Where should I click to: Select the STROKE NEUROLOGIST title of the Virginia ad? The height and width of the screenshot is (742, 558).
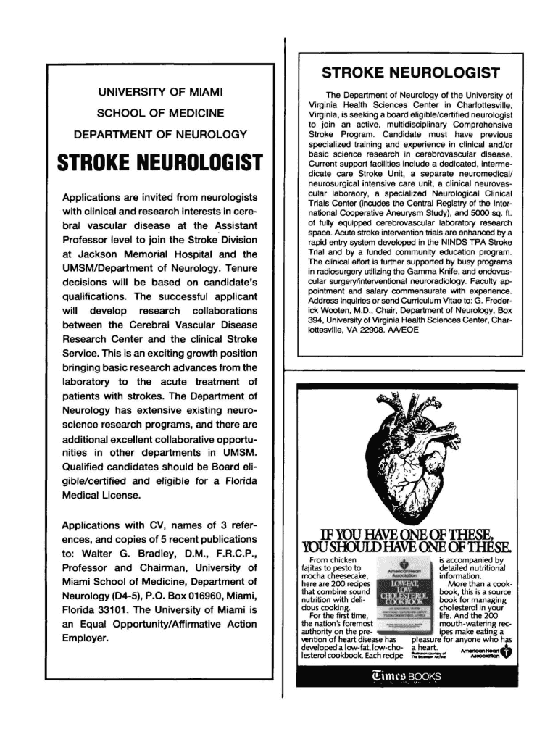tap(410, 73)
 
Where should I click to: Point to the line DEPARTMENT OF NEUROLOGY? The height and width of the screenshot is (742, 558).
tap(160, 134)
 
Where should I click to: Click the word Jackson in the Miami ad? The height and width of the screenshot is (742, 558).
tap(101, 254)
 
